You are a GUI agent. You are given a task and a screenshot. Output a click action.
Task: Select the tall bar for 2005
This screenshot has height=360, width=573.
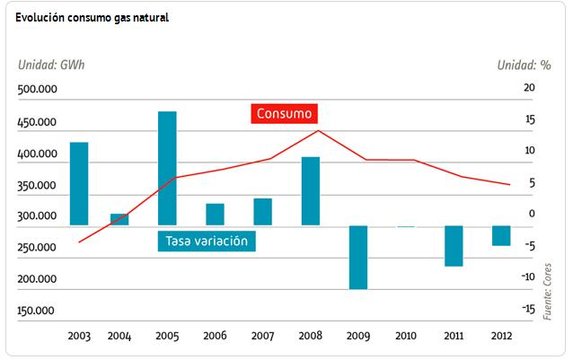pyautogui.click(x=167, y=168)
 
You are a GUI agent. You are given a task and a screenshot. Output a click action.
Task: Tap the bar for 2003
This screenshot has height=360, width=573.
pyautogui.click(x=79, y=183)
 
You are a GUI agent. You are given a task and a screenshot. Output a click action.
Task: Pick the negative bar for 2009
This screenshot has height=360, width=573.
pyautogui.click(x=358, y=257)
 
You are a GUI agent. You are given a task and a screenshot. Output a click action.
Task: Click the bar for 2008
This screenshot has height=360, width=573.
pyautogui.click(x=310, y=190)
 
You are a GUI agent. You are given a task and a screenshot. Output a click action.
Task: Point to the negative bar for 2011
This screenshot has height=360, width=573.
pyautogui.click(x=454, y=245)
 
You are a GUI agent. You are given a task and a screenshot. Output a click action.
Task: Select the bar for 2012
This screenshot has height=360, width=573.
pyautogui.click(x=501, y=235)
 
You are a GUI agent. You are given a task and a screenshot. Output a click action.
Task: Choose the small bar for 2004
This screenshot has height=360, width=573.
pyautogui.click(x=119, y=219)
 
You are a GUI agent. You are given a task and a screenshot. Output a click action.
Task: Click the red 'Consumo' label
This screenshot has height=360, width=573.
pyautogui.click(x=284, y=114)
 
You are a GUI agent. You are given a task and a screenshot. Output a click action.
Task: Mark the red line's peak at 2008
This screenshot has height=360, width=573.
pyautogui.click(x=318, y=130)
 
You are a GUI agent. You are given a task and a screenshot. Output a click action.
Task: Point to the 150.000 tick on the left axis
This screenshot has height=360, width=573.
pyautogui.click(x=38, y=311)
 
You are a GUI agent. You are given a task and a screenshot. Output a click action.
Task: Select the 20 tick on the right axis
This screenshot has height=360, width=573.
pyautogui.click(x=529, y=87)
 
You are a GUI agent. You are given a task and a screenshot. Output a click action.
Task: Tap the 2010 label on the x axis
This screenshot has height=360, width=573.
pyautogui.click(x=406, y=336)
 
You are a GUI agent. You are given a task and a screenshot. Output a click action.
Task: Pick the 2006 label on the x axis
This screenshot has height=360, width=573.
pyautogui.click(x=216, y=336)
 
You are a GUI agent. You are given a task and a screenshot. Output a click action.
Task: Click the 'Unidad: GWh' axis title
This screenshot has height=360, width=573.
pyautogui.click(x=51, y=65)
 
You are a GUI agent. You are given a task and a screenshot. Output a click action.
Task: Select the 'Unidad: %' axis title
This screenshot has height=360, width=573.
pyautogui.click(x=524, y=65)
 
